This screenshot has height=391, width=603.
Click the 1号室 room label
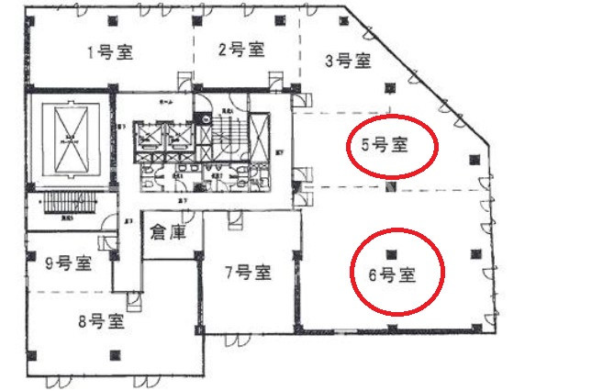[110, 53]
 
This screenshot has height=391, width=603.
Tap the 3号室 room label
[349, 61]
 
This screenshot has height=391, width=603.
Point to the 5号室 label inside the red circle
[385, 144]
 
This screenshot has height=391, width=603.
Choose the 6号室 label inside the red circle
[392, 274]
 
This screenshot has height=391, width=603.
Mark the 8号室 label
[103, 321]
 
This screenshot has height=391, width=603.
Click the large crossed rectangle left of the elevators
[70, 142]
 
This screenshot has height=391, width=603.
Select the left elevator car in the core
[148, 137]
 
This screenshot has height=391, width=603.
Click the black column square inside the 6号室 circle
[393, 253]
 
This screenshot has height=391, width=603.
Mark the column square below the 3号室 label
[393, 88]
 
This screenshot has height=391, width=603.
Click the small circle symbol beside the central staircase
[207, 118]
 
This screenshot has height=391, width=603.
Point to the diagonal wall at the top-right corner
[413, 73]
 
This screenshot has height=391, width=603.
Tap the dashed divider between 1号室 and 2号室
[193, 50]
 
